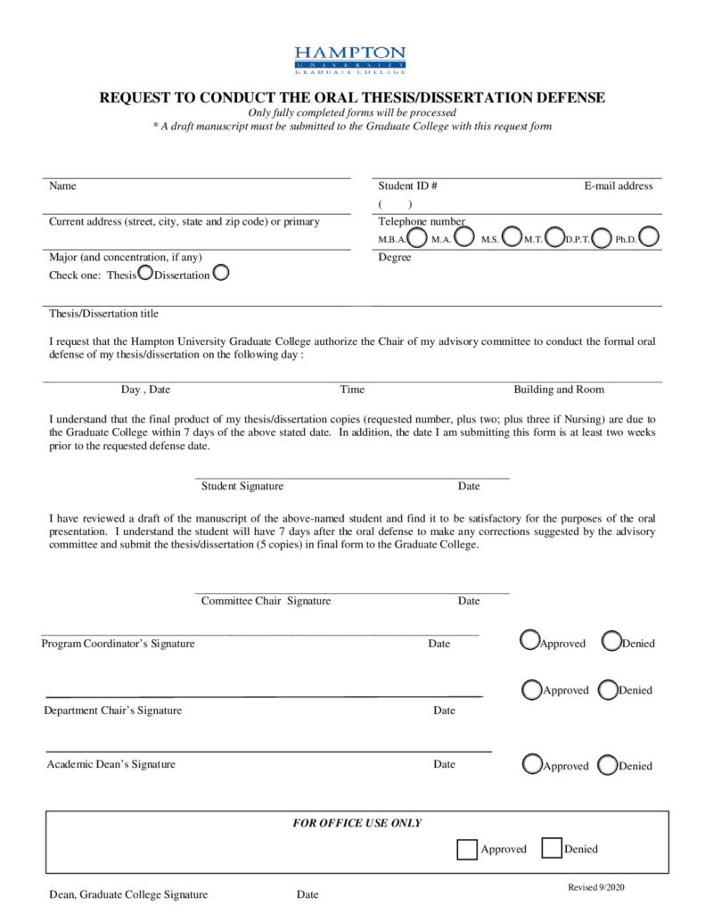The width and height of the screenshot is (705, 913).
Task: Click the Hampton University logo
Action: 350,61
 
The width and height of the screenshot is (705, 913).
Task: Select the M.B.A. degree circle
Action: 417,237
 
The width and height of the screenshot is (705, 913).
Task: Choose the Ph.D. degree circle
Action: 649,237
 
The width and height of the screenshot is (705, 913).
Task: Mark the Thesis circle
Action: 145,273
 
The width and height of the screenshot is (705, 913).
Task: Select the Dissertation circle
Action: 221,273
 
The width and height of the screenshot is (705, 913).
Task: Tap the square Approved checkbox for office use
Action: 466,849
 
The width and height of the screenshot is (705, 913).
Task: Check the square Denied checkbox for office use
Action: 552,848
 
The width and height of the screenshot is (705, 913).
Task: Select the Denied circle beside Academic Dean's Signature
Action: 607,764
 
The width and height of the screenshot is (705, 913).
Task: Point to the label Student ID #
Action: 407,186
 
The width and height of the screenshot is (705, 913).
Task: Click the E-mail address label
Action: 619,186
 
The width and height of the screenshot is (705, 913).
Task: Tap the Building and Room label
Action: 559,390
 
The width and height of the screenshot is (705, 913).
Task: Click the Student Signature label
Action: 242,486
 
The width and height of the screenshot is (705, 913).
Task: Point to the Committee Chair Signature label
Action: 266,601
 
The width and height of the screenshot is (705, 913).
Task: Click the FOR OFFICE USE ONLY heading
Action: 357,823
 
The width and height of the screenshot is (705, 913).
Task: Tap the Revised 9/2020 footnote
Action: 602,887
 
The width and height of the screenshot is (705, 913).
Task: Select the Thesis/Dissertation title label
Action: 104,314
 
